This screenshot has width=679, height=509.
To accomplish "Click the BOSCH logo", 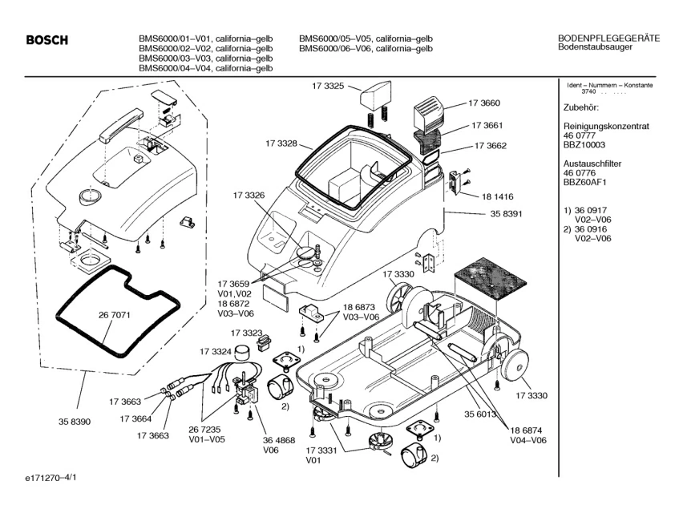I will click(46, 41).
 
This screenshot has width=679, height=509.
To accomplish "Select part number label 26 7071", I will click(114, 315).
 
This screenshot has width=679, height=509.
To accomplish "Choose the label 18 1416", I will click(497, 196).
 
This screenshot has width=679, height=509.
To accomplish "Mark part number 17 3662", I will click(491, 146).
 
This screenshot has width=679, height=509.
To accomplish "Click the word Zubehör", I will click(581, 107).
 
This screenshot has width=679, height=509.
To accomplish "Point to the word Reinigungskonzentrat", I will click(605, 127).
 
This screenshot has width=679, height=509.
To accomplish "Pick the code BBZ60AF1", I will click(584, 182).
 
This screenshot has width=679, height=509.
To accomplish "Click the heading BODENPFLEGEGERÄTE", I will click(608, 38).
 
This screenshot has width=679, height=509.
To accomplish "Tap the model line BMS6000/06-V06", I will click(366, 49).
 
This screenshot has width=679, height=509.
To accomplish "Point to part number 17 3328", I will click(281, 143).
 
